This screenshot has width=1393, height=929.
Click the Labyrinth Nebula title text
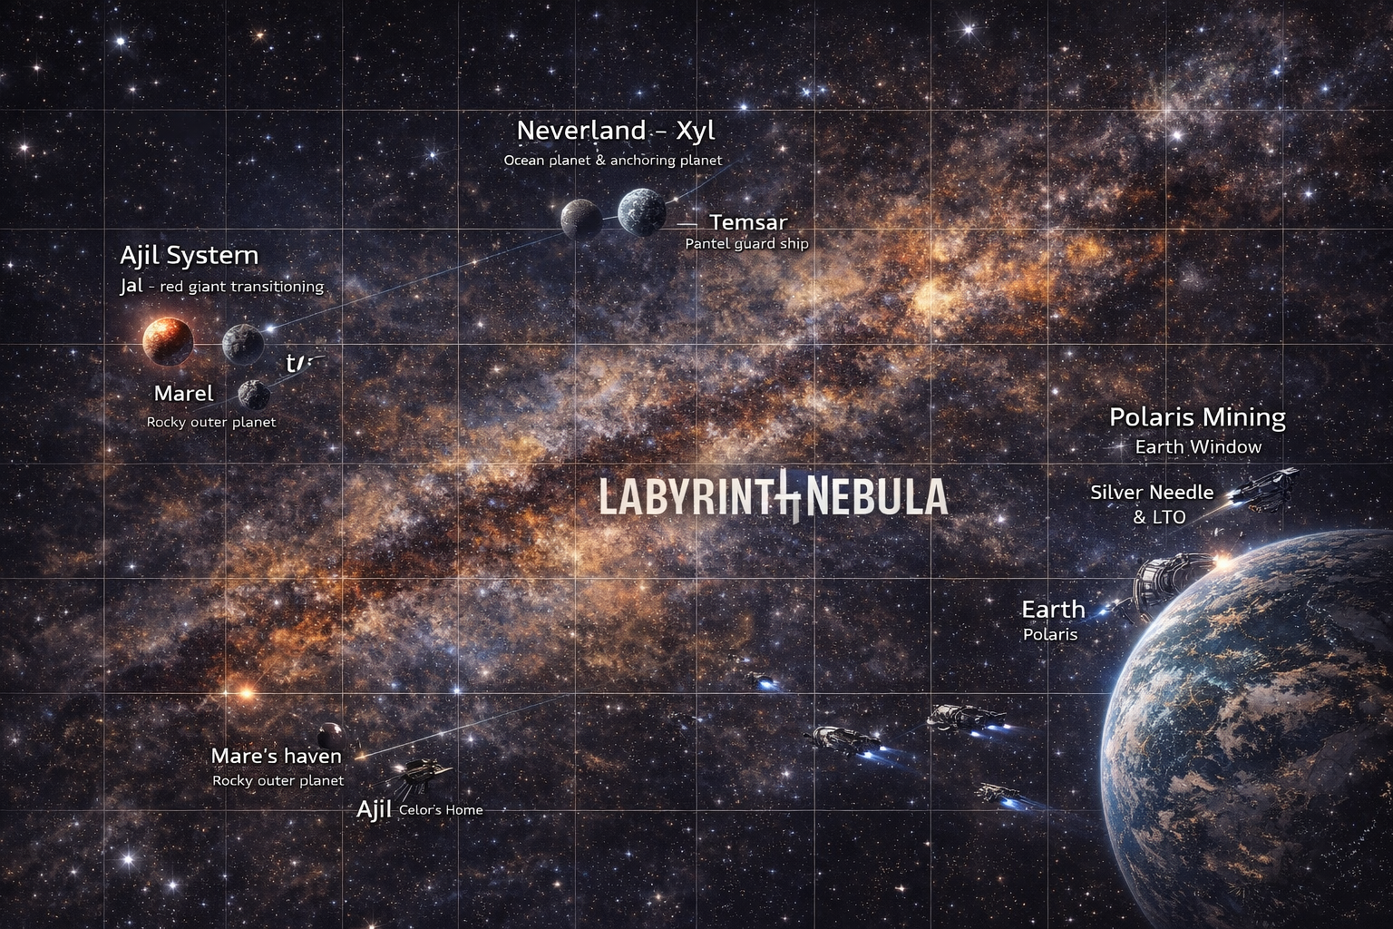[774, 497]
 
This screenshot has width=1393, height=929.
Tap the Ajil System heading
[189, 255]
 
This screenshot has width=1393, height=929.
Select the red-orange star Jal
[168, 340]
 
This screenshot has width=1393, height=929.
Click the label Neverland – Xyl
[616, 131]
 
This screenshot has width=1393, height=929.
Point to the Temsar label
[748, 222]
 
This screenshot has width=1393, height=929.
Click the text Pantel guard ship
[746, 244]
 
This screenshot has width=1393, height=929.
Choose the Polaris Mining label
[1197, 417]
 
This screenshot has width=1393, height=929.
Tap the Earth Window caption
[1198, 446]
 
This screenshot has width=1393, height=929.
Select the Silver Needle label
[1151, 493]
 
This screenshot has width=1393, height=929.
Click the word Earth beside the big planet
[1053, 609]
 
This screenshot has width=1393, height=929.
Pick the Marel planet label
[184, 393]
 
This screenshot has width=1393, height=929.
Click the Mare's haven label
[276, 756]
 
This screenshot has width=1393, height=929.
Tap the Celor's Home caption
[441, 810]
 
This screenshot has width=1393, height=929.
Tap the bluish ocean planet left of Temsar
[642, 212]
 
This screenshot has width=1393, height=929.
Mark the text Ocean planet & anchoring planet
[613, 161]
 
